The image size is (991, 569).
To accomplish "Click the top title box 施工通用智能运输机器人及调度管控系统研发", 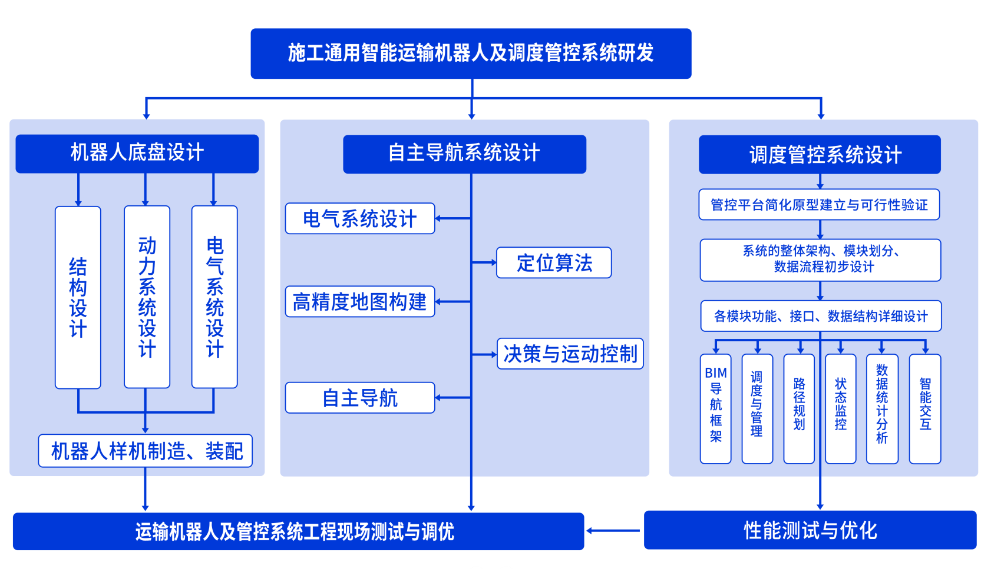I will pos(471,54).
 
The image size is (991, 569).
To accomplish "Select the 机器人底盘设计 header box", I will pos(137,154).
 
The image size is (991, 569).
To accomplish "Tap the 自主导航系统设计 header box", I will pos(464,154).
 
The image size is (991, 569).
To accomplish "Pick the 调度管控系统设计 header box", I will pos(820,155).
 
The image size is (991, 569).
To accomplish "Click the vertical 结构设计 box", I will pos(78,297).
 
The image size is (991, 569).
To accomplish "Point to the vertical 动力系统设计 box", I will pos(147,297).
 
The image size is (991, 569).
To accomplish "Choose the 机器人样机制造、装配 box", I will pos(146,451).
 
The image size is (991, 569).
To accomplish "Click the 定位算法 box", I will pos(554,262).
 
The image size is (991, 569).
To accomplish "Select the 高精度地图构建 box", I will pos(360,302).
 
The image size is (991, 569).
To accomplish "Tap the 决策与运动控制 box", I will pos(570,354).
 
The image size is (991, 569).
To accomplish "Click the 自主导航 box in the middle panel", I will pos(360,398).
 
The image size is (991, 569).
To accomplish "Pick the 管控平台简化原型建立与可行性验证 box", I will pos(819,205).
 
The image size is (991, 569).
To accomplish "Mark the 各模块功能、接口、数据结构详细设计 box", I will pos(821,317).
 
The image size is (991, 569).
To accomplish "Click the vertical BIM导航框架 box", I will pos(715,409).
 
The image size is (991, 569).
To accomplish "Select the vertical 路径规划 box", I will pos(799,409).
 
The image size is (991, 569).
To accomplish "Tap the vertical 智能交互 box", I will pos(925,409).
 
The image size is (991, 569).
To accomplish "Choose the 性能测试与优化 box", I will pos(810,530).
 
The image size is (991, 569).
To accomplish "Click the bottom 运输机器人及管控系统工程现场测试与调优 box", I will pos(298,531).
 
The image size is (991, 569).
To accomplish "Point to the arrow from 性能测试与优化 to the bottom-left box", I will pos(613,531).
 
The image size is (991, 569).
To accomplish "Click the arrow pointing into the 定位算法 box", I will pos(485,262).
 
